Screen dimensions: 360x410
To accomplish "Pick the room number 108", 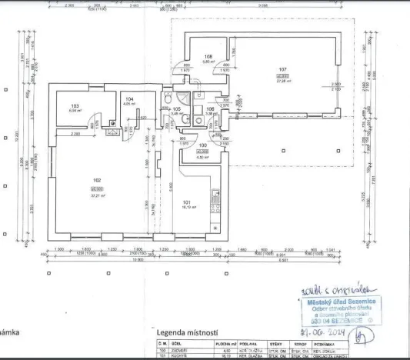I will click(x=208, y=56).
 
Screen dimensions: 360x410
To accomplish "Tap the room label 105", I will click(x=176, y=109).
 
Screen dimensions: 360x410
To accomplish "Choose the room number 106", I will click(x=210, y=109).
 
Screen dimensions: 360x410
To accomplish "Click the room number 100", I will click(x=203, y=145).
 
